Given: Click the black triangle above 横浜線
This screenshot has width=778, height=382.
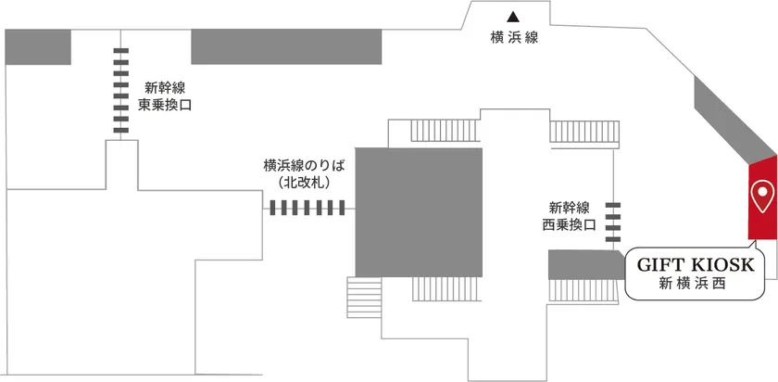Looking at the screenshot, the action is click(x=513, y=17).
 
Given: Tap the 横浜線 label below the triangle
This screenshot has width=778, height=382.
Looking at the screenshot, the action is click(x=514, y=38).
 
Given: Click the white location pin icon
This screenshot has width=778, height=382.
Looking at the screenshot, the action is click(x=762, y=197).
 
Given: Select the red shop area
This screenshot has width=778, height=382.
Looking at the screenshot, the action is click(x=762, y=197).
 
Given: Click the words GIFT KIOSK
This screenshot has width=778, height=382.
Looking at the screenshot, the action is click(x=696, y=265).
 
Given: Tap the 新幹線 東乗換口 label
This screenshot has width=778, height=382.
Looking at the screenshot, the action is click(x=165, y=97).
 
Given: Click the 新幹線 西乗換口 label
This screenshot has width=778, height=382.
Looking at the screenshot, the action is click(x=569, y=216).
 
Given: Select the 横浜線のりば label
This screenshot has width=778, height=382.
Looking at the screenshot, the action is click(x=304, y=165).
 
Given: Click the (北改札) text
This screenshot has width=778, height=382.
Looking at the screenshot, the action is click(x=304, y=183).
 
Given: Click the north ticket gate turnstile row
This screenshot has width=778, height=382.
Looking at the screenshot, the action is click(x=307, y=208).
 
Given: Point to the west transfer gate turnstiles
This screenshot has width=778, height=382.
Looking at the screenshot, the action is click(x=613, y=222).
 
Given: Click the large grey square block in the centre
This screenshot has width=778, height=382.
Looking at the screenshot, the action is click(x=419, y=212).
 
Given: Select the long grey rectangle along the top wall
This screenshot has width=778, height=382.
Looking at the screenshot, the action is click(x=286, y=46).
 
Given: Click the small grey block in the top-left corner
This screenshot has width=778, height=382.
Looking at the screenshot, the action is click(x=38, y=46).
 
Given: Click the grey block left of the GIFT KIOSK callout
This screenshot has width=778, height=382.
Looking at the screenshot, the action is click(x=585, y=265).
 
